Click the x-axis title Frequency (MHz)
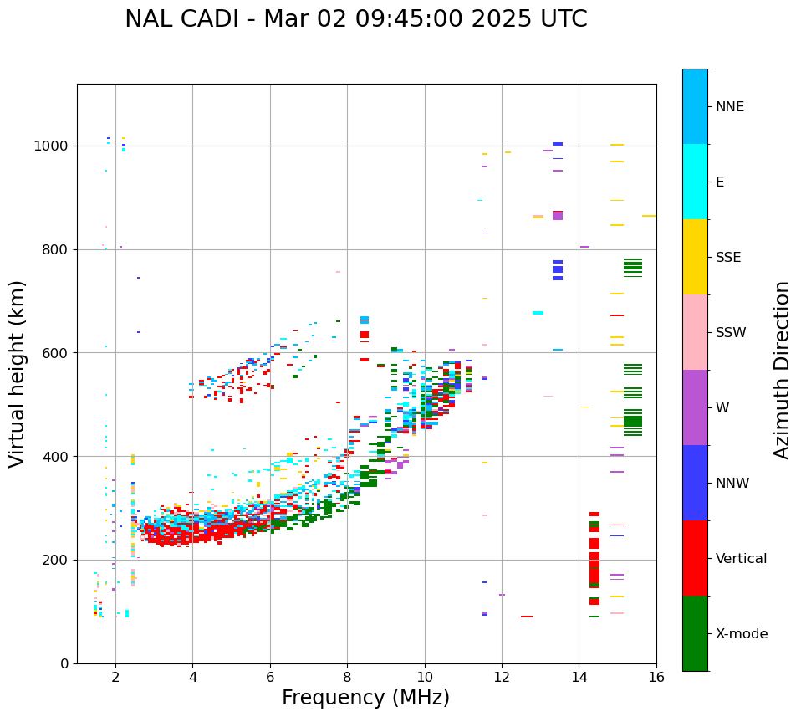click(x=365, y=698)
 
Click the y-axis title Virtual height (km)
click(x=18, y=373)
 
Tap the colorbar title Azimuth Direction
click(x=782, y=370)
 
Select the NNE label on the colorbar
click(x=729, y=107)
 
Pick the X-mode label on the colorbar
click(x=741, y=634)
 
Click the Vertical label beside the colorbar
click(x=741, y=559)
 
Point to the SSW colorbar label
click(x=730, y=333)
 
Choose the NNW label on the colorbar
click(x=732, y=484)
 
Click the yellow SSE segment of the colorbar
click(x=695, y=257)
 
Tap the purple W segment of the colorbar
click(x=695, y=407)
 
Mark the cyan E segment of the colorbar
click(x=695, y=182)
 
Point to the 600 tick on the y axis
click(x=57, y=353)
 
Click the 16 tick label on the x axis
click(x=656, y=677)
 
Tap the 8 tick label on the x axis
click(x=347, y=677)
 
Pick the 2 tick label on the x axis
click(x=115, y=677)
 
